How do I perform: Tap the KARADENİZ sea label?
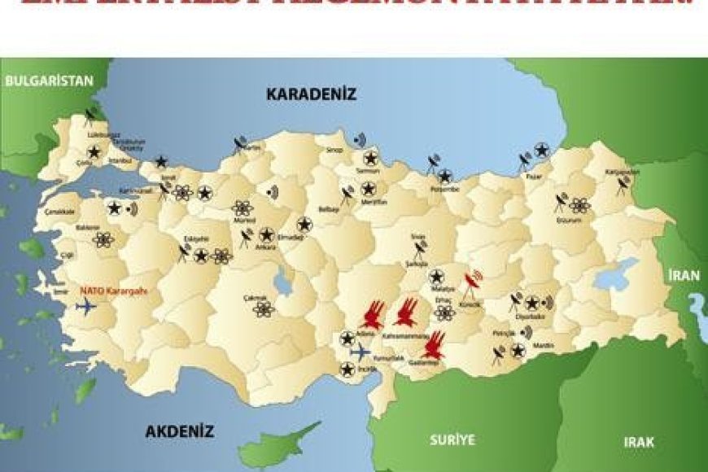tap(311, 94)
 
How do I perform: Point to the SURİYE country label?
tap(452, 440)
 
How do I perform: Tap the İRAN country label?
tap(684, 275)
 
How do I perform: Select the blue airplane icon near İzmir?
tap(85, 306)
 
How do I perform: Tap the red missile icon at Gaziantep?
tap(435, 346)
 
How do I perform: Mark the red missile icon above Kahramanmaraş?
tap(405, 311)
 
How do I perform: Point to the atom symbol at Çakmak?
tap(262, 308)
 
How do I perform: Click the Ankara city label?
tap(265, 247)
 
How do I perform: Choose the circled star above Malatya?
tap(436, 276)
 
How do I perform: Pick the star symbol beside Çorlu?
tap(94, 151)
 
